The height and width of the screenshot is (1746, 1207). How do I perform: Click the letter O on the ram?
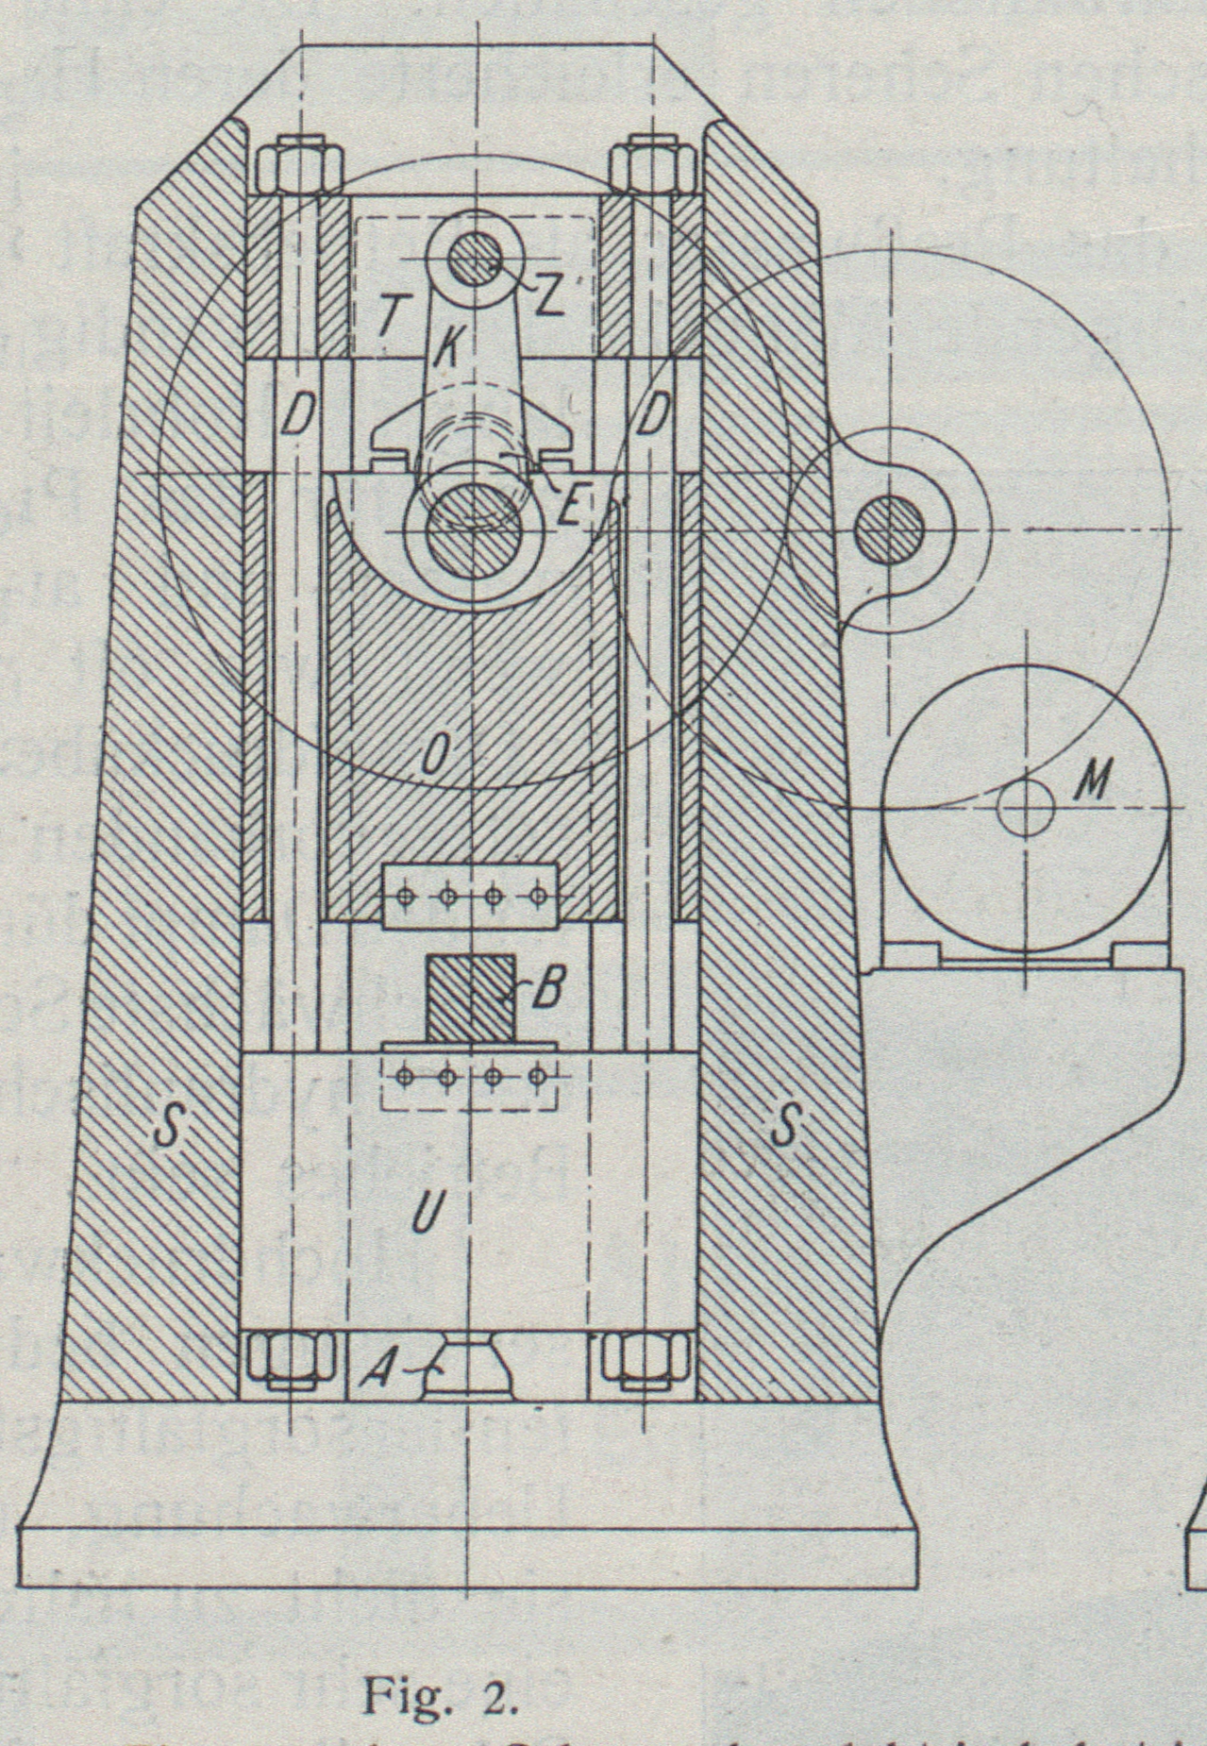pyautogui.click(x=434, y=756)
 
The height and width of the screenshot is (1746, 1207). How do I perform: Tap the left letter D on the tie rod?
pyautogui.click(x=295, y=414)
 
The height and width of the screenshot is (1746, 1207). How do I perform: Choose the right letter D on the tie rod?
pyautogui.click(x=652, y=414)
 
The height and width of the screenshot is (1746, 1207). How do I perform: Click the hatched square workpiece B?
pyautogui.click(x=470, y=999)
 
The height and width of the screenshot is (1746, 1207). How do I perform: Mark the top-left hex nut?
pyautogui.click(x=296, y=167)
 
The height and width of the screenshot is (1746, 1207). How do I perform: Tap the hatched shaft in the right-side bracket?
pyautogui.click(x=888, y=530)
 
